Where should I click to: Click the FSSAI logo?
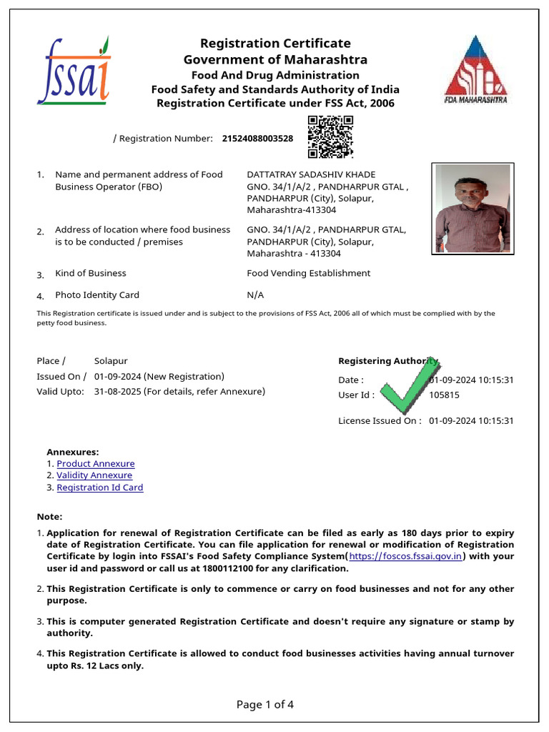pos(74,70)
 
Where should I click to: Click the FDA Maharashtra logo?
pos(475,69)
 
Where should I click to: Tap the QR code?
pos(330,137)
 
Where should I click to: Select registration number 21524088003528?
pos(257,139)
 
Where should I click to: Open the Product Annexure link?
pos(95,464)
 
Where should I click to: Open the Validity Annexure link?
pos(94,475)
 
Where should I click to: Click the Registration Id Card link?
pos(100,488)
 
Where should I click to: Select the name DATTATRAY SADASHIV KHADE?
pos(311,174)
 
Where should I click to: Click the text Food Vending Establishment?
pos(308,273)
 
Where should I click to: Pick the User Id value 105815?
pos(444,395)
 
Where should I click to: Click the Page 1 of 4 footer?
pos(265,705)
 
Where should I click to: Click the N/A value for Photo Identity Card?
pos(255,295)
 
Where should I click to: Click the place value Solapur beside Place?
pos(111,361)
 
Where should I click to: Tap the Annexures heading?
pos(73,452)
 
